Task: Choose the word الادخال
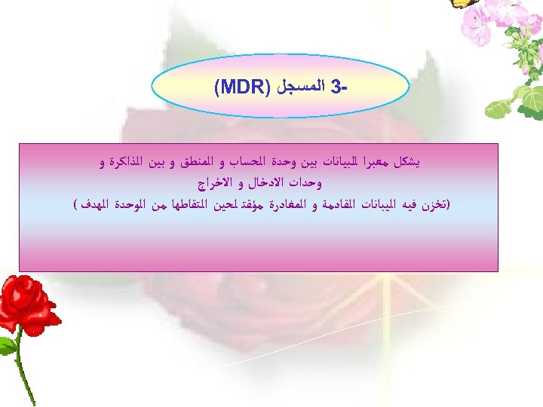(258, 183)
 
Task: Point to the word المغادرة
(284, 204)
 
